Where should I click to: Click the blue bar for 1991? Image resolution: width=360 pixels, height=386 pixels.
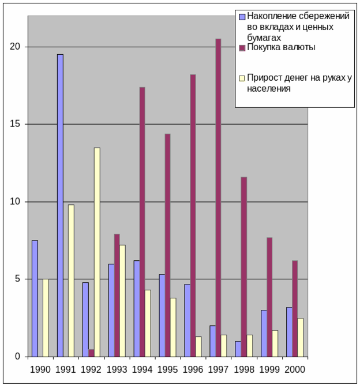[x=60, y=205]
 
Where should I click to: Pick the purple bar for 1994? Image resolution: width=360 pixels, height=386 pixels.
[x=142, y=222]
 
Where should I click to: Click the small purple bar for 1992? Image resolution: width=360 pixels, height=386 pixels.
[x=91, y=353]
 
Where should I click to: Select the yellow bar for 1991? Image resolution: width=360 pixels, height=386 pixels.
[x=71, y=280]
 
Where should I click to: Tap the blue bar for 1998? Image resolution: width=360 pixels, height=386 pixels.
[x=238, y=348]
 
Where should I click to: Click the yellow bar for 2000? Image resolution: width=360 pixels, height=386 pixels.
[x=300, y=337]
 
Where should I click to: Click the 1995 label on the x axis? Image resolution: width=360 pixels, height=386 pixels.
[x=167, y=369]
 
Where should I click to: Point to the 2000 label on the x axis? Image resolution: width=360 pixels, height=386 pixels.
[x=294, y=369]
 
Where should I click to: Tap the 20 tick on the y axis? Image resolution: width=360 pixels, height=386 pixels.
[x=17, y=47]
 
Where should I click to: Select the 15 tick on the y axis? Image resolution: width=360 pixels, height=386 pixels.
[x=17, y=124]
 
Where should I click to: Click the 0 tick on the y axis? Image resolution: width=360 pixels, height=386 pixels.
[x=19, y=357]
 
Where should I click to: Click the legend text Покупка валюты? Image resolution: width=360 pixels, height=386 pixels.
[x=281, y=47]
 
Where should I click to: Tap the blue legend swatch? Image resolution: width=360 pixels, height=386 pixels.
[x=242, y=16]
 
